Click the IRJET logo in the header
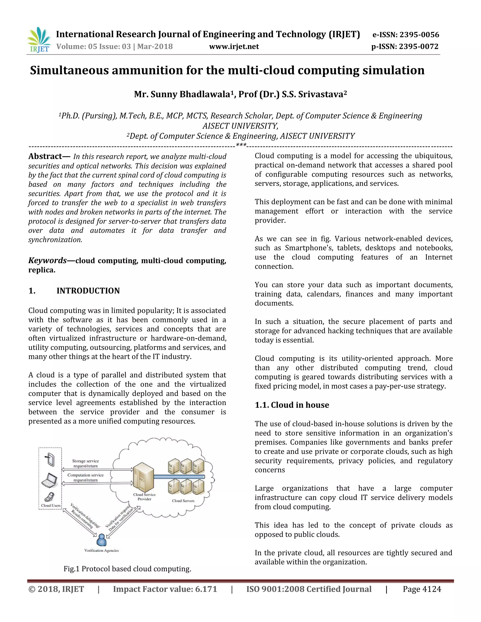tap(39, 40)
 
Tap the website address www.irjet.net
tap(234, 46)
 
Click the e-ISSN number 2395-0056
tap(419, 35)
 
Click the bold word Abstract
tap(45, 156)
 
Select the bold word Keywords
tap(47, 260)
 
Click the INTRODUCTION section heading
tap(88, 291)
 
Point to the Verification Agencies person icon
tap(101, 539)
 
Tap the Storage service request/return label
tap(85, 463)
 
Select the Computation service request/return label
tap(85, 477)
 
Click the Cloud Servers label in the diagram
tap(183, 501)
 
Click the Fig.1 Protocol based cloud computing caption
tap(127, 569)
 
